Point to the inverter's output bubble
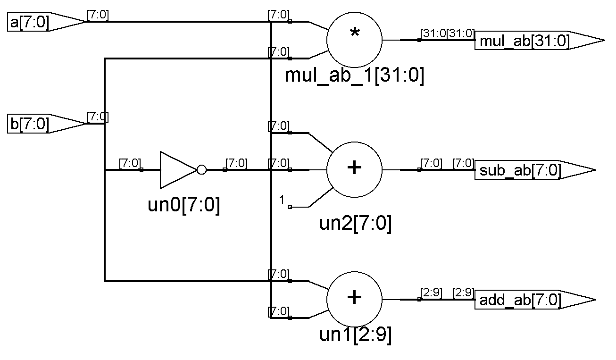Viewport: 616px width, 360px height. click(x=201, y=170)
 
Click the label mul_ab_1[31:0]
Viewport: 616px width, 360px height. click(x=354, y=75)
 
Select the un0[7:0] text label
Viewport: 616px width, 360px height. click(x=184, y=206)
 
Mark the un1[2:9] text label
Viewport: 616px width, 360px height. click(x=355, y=335)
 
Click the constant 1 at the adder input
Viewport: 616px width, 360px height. click(x=282, y=201)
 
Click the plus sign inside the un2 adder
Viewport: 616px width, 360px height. click(x=354, y=168)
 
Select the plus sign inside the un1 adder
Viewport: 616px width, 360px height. click(x=354, y=297)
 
